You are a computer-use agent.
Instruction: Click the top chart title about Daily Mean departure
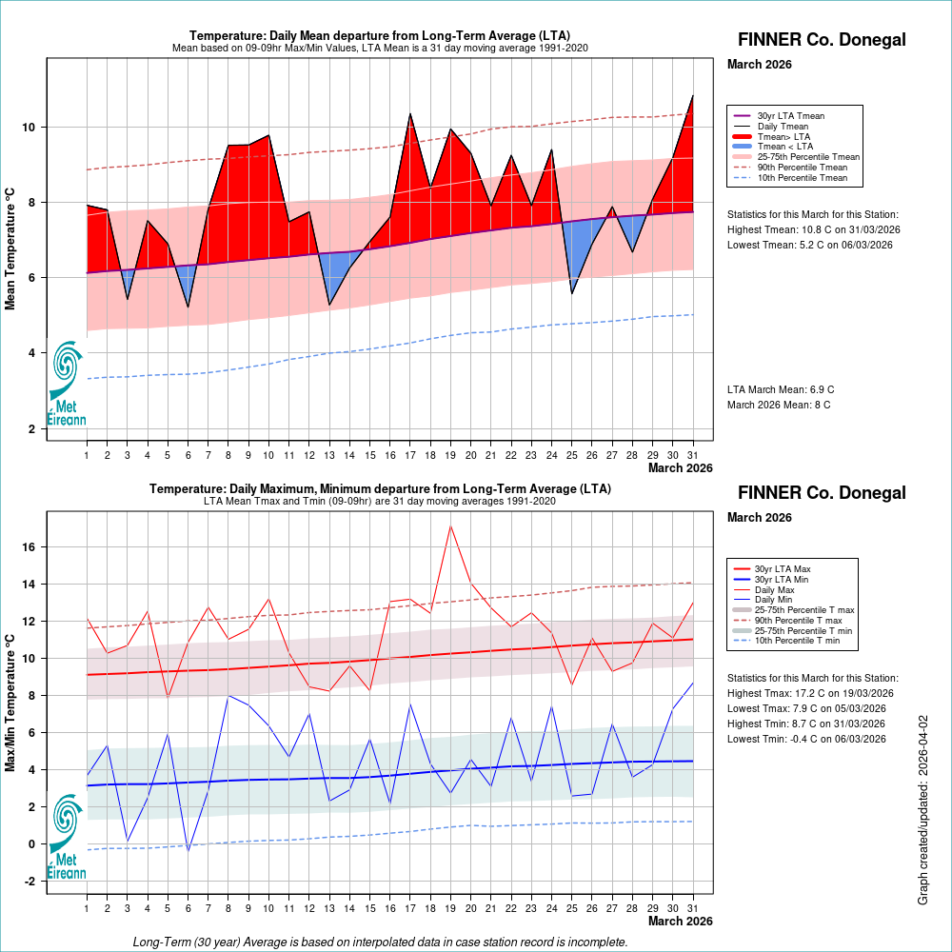point(380,35)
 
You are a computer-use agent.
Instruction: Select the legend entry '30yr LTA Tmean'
point(790,116)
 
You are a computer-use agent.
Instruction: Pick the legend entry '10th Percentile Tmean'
point(802,177)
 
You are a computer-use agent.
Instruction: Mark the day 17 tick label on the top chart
point(410,455)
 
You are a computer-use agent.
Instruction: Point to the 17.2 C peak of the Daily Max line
point(450,526)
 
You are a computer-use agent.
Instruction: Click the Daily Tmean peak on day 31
point(692,96)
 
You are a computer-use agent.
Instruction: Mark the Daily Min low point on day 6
point(188,849)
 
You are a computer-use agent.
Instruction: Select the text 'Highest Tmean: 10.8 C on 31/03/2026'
point(813,229)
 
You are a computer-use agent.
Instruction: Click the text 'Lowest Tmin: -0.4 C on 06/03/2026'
point(806,739)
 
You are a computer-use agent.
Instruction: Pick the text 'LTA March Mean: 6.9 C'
point(781,389)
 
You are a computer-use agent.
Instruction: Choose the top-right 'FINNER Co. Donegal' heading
point(822,40)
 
